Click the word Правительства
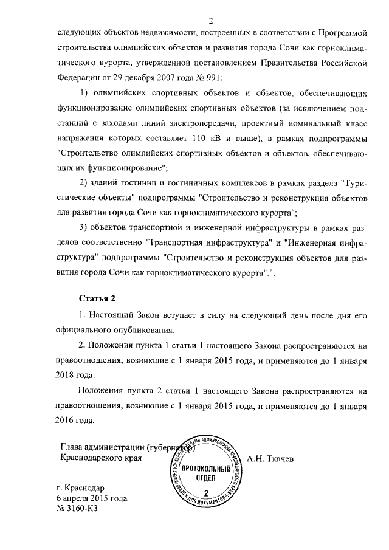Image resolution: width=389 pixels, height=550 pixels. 286,63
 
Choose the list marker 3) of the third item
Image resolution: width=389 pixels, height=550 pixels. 85,227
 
